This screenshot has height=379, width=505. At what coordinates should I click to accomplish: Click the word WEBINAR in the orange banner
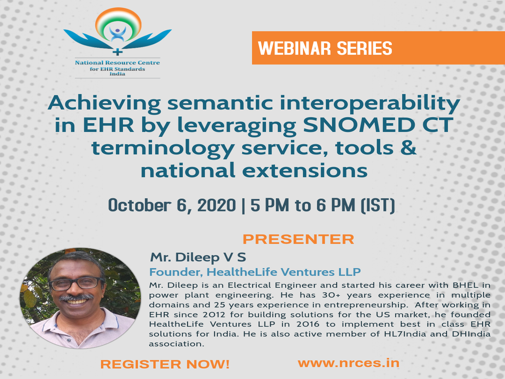[x=295, y=48]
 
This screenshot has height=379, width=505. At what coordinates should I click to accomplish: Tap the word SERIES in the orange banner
[x=364, y=48]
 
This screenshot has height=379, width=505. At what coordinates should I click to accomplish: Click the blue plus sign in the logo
[x=117, y=51]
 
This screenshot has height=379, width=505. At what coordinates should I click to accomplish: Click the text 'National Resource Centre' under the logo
[x=117, y=63]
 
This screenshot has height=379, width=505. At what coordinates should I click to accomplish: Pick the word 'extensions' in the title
[x=305, y=170]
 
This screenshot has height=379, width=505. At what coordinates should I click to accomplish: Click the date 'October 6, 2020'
[x=172, y=205]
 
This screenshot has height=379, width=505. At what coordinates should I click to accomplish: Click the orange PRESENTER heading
[x=298, y=239]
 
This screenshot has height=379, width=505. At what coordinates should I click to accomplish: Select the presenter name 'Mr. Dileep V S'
[x=198, y=257]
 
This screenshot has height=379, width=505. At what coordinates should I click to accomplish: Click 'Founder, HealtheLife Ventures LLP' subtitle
[x=255, y=272]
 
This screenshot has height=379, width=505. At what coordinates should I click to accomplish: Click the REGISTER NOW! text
[x=165, y=364]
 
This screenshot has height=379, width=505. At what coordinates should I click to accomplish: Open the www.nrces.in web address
[x=348, y=363]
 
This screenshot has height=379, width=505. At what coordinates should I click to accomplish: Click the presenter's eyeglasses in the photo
[x=76, y=283]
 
